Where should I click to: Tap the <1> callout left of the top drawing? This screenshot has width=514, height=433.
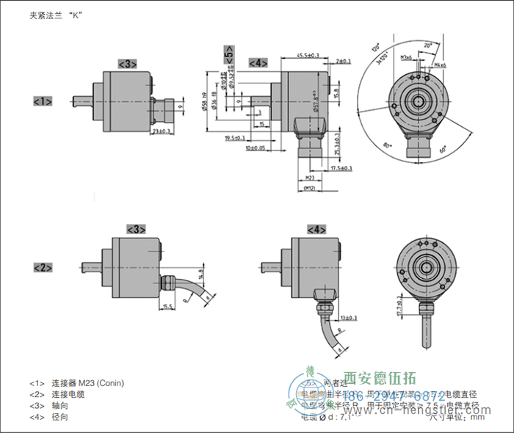(43, 101)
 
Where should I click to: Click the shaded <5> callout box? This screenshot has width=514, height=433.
(229, 57)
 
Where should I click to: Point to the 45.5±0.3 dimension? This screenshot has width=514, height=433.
(307, 55)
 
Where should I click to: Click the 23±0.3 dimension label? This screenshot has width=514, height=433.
(161, 131)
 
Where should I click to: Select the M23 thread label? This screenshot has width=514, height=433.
(309, 178)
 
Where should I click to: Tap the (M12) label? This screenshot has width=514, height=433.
(309, 189)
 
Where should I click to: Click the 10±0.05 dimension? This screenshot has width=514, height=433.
(255, 148)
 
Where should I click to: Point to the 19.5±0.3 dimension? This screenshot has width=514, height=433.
(235, 138)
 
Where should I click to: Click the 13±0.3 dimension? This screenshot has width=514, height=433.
(350, 317)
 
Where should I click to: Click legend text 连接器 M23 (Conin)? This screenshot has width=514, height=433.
(87, 383)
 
